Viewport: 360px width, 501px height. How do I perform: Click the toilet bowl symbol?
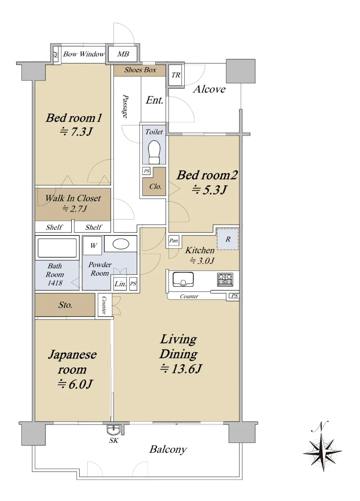point(154,152)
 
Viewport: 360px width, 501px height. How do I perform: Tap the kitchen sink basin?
point(183,279)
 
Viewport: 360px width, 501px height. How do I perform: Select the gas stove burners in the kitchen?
point(225,279)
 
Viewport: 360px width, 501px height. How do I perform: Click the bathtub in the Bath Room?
point(57,248)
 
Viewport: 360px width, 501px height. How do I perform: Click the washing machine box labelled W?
point(93,245)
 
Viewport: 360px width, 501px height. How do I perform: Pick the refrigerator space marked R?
point(228,239)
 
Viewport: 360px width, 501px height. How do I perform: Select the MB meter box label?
point(123,54)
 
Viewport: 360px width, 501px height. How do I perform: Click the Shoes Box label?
point(140,70)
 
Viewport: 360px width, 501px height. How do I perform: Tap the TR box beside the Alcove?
point(175,75)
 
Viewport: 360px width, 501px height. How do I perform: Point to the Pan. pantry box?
point(174,240)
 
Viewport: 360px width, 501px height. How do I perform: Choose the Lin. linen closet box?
point(120,284)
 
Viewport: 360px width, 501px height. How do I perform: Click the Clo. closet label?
point(155,186)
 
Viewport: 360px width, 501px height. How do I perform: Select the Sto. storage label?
point(65,305)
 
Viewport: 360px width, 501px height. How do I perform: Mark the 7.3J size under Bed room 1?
point(76,132)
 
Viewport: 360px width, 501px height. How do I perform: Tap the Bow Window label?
point(84,54)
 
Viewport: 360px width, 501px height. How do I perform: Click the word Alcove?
point(209,89)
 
